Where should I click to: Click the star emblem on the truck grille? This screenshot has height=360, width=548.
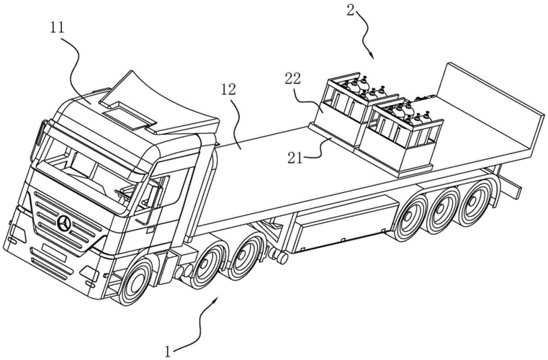pyautogui.click(x=66, y=225)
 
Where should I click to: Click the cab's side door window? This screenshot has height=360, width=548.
pyautogui.click(x=154, y=193)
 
